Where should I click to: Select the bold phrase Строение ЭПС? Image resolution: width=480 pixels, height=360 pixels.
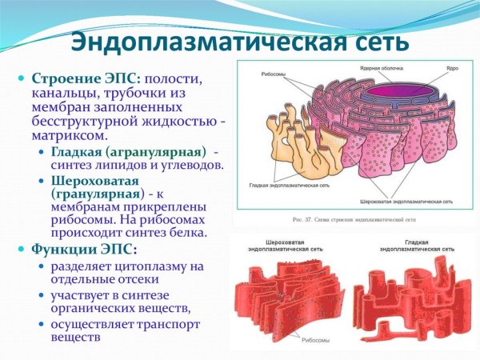(85, 80)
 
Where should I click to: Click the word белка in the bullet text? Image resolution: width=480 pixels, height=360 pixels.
(186, 233)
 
